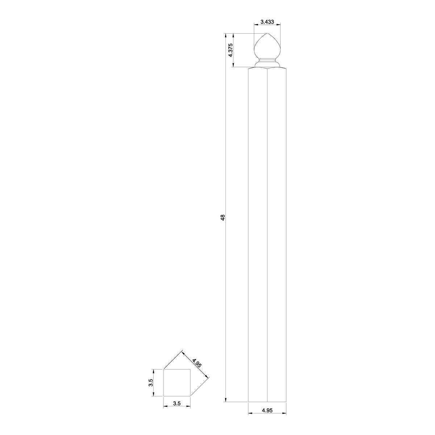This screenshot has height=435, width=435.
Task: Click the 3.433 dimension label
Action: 267,22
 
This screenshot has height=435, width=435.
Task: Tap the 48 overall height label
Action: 223,217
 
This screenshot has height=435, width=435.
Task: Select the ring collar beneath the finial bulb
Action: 267,64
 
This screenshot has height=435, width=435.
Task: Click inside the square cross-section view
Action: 177,382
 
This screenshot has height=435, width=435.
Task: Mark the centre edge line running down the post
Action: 267,236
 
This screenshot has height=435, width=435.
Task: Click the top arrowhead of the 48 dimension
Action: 225,36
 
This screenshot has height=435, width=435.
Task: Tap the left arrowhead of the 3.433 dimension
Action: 255,25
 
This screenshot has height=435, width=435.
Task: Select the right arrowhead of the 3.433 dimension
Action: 279,25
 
